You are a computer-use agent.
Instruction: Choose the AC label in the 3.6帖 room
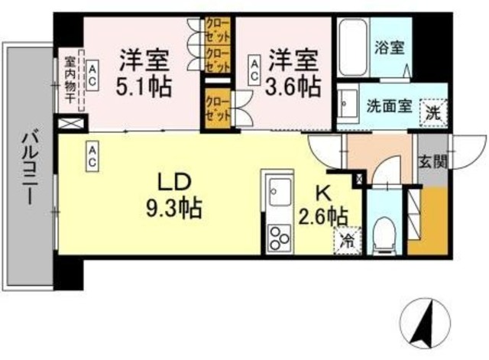(254, 70)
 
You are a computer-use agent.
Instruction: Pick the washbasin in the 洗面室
(348, 105)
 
